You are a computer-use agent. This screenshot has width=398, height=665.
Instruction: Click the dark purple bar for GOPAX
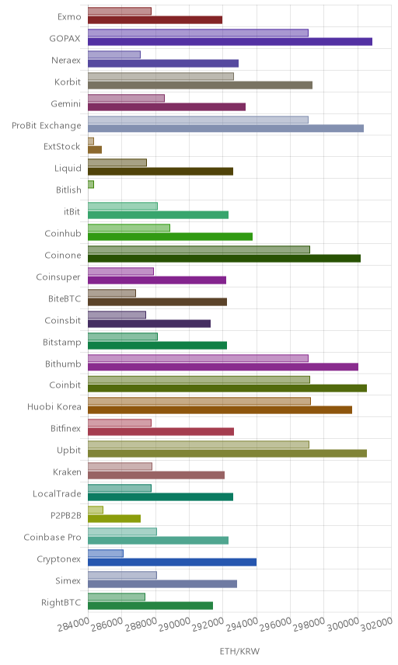230,42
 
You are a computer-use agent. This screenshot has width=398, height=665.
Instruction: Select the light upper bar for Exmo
120,11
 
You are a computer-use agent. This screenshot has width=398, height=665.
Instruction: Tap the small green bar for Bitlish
91,184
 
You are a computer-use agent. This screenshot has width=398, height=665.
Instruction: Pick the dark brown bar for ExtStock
95,149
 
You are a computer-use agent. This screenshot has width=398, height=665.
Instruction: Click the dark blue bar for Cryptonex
172,562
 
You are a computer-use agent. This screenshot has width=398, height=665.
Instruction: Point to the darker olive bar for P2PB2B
114,518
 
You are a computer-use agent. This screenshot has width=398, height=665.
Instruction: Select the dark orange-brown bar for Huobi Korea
220,409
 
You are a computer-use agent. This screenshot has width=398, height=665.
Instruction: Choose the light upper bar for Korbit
161,76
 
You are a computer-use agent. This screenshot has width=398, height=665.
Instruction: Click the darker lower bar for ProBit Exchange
225,128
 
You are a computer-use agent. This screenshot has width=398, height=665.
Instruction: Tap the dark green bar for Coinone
224,258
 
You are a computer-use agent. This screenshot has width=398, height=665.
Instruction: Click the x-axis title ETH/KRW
239,652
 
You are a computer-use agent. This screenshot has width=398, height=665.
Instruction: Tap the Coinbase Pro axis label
52,537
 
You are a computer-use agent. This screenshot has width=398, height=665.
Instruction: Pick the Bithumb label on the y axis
63,364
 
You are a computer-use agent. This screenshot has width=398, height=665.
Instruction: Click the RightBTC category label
61,602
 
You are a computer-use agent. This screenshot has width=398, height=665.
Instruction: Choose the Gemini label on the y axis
66,103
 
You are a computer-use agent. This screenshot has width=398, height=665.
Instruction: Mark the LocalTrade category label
57,493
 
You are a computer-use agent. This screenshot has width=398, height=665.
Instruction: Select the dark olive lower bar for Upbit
228,454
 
